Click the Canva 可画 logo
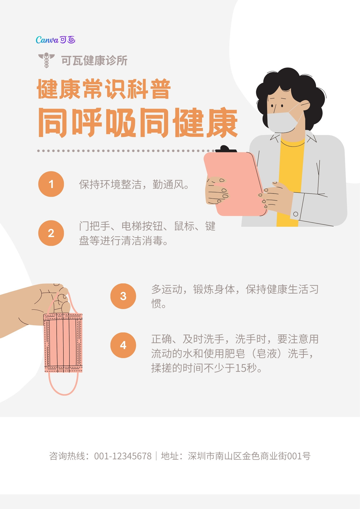tap(55, 40)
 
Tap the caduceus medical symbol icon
tap(46, 60)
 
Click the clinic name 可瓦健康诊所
tap(94, 61)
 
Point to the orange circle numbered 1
tap(51, 184)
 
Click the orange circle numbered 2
tap(51, 233)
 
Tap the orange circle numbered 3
tap(123, 296)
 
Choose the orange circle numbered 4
tap(123, 345)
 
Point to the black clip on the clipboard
tap(226, 149)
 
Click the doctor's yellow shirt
tap(291, 179)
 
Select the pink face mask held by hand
tap(63, 342)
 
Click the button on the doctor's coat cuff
tap(296, 214)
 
